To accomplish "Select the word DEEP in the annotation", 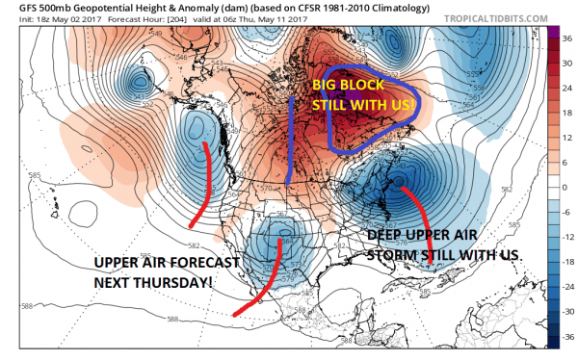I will (386, 234).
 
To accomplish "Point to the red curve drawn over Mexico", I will (264, 279).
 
